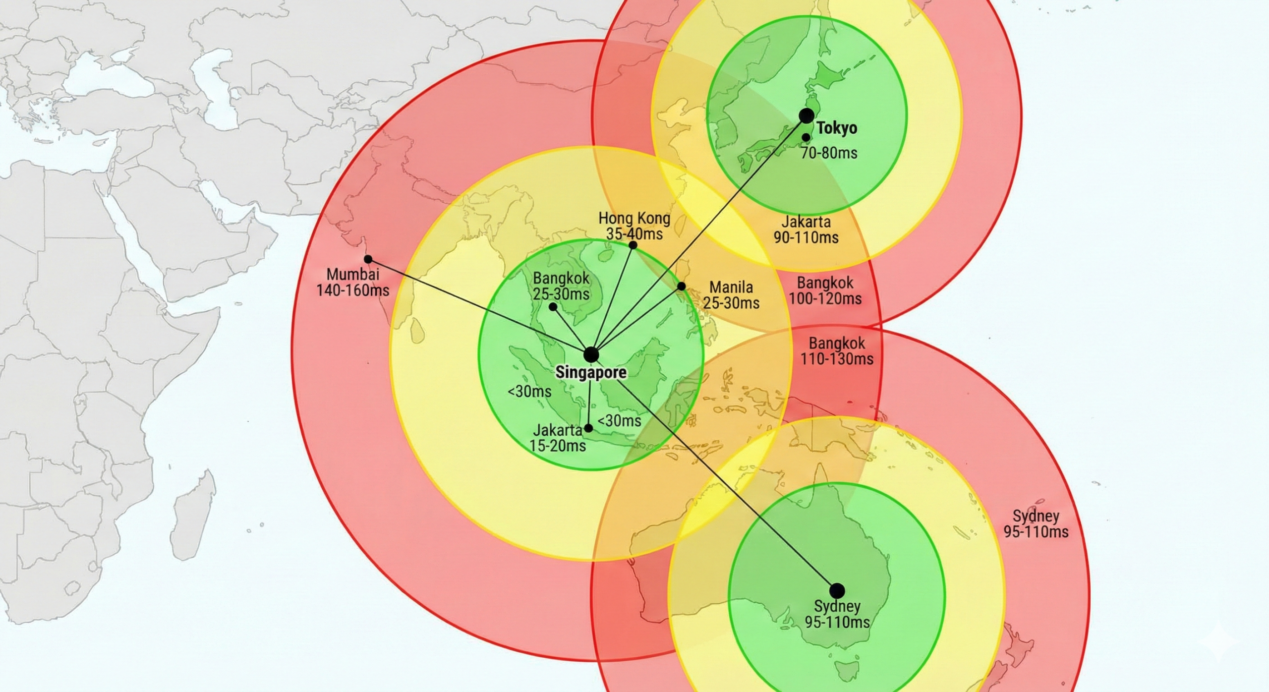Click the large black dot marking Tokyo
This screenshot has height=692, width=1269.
coord(807,116)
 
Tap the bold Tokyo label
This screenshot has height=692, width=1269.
coord(837,128)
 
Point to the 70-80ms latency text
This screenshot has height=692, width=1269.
coord(829,153)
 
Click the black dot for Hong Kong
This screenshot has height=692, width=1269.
coord(633,245)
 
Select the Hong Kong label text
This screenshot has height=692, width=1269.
coord(634,218)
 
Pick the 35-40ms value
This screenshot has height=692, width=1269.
coord(634,234)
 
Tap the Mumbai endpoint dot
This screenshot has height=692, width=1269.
coord(368,259)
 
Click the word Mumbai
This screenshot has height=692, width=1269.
coord(353,274)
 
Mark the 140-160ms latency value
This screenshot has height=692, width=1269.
coord(353,290)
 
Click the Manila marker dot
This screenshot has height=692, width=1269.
coord(682,286)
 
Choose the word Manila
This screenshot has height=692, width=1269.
coord(731,287)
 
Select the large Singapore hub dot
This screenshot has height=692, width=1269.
coord(591,355)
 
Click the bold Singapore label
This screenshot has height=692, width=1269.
coord(591,372)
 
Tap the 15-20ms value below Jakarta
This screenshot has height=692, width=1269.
coord(557,446)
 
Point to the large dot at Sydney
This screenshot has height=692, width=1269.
coord(837,590)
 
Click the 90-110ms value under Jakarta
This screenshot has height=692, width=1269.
coord(806,237)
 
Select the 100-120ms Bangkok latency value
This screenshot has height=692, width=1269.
coord(825,299)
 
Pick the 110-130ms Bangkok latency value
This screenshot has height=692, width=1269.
coord(837,359)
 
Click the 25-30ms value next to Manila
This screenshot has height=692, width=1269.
coord(731,303)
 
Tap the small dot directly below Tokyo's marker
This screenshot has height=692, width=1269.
coord(807,137)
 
